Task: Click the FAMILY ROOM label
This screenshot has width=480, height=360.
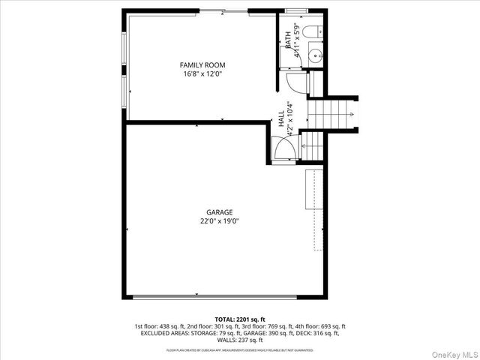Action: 202,65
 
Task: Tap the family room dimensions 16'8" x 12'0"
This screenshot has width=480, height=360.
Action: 202,74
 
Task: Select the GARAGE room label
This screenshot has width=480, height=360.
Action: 220,212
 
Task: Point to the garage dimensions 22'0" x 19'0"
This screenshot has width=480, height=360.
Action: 220,221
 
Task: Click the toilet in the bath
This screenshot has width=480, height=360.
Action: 315,32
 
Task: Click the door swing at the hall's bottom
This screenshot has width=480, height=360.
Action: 286,151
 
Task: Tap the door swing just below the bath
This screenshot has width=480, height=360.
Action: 299,83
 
